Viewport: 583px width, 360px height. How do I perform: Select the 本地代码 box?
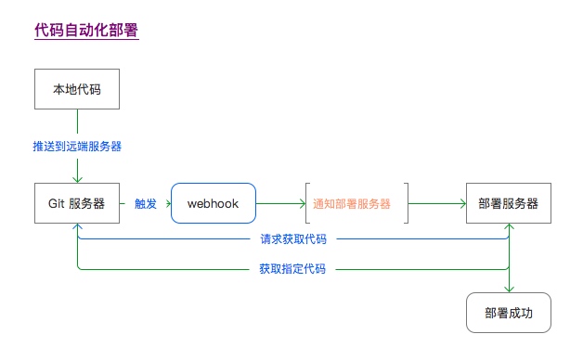(x=77, y=89)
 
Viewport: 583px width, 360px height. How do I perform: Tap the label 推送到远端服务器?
(x=77, y=146)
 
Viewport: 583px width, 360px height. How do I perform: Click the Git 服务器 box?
(x=77, y=202)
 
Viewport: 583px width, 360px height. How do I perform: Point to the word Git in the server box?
(x=57, y=202)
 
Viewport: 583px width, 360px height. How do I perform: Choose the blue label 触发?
(x=145, y=202)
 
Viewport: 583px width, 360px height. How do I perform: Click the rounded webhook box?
(x=213, y=202)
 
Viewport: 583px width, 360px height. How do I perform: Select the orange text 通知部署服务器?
(x=352, y=202)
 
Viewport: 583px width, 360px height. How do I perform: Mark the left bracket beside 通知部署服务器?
(x=306, y=202)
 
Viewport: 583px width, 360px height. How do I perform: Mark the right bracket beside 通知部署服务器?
(x=406, y=202)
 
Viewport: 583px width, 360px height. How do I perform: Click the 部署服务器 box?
(x=509, y=202)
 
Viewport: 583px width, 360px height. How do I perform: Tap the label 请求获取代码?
(x=292, y=239)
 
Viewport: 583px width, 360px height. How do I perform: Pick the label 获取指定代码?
(x=292, y=269)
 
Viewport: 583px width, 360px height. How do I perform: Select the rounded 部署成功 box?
(x=509, y=313)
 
